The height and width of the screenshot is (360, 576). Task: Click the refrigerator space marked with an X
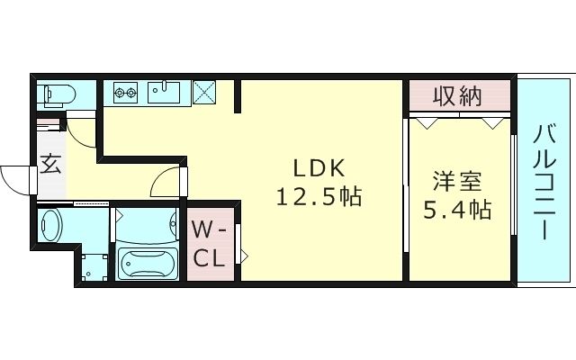tap(204, 92)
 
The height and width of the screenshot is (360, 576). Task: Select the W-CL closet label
tap(209, 244)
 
